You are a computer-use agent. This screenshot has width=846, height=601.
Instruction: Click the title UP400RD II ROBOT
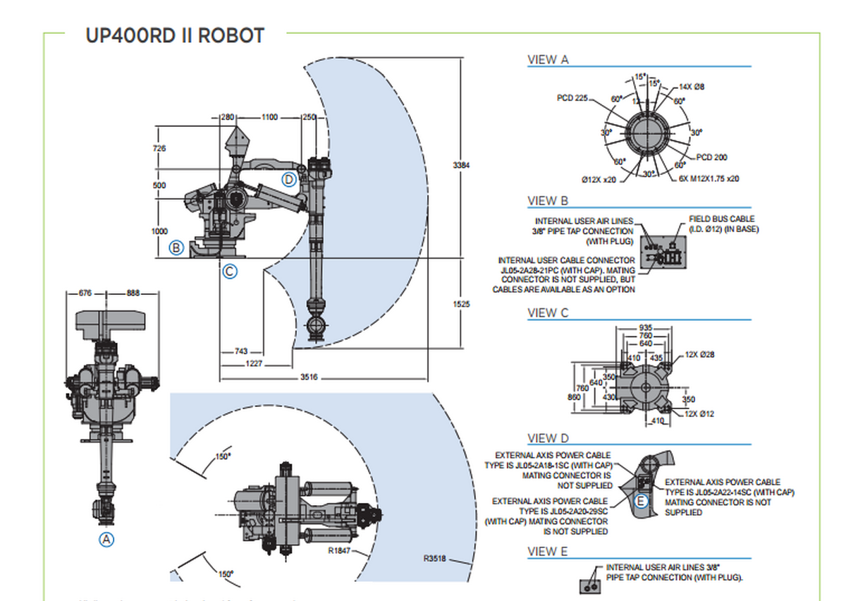pos(175,35)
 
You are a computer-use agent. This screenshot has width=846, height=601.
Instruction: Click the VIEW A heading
pos(548,60)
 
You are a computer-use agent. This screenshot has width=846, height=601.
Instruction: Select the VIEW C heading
pos(548,312)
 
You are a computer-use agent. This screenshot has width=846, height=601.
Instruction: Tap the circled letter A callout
pos(106,540)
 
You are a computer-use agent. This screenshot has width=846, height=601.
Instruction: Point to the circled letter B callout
pos(176,248)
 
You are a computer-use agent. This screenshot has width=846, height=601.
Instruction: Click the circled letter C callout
pos(229,271)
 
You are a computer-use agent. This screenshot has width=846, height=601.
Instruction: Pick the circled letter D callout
pos(289,179)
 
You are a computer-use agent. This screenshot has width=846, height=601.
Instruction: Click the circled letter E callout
pos(641,501)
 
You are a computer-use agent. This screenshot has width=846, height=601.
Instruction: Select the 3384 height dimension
pos(460,164)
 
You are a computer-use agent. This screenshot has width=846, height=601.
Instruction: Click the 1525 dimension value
pos(460,304)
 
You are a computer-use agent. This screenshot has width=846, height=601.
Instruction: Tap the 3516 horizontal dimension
pos(309,377)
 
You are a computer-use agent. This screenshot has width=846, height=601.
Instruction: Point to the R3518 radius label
pos(435,559)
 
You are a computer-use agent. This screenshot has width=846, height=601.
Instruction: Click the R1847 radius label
pos(340,550)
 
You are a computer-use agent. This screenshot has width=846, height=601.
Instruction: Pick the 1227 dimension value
pos(253,363)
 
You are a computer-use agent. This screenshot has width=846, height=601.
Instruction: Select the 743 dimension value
pos(240,351)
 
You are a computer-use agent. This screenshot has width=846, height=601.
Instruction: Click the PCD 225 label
pos(572,98)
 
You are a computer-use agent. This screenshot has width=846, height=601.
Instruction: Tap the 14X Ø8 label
pos(692,87)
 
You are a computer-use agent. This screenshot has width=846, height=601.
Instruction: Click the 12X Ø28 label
pos(699,354)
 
